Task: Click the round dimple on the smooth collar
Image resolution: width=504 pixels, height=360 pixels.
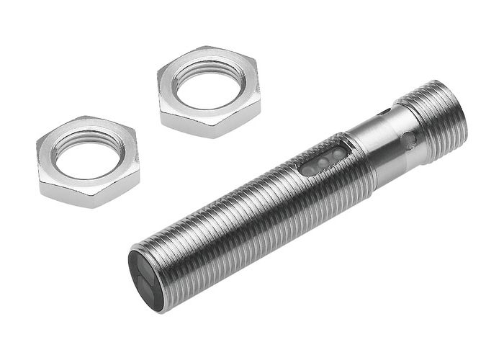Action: [408, 139]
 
